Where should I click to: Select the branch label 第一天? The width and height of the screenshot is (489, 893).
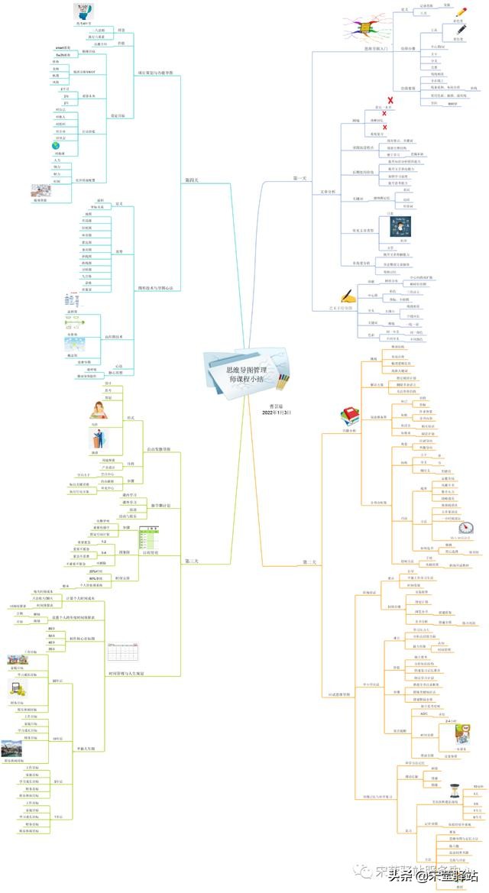[x=300, y=178]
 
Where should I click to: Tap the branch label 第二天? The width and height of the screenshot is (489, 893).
[x=309, y=562]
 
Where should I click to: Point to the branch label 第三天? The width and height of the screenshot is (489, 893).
[x=192, y=561]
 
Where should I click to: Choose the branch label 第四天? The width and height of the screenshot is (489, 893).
[x=192, y=180]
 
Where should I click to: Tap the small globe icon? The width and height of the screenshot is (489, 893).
[x=55, y=145]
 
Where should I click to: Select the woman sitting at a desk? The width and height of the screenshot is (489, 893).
[x=99, y=409]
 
